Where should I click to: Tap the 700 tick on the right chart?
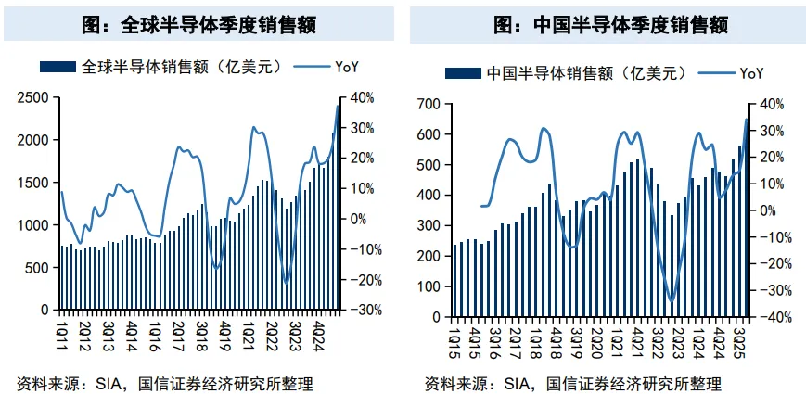(428, 105)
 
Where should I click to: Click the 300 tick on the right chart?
(428, 226)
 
